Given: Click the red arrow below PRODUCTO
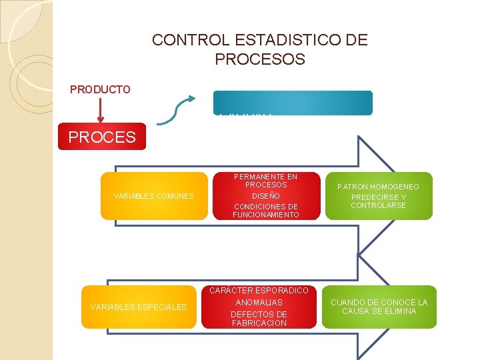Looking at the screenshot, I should pos(100,109).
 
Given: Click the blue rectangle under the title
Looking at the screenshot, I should pos(293,102).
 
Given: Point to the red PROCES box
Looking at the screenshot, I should pos(101,138).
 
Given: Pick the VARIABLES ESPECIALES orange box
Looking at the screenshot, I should pos(138,307).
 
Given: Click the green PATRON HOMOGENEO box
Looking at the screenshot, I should pos(378,197).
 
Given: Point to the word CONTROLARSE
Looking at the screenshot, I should pos(378,205).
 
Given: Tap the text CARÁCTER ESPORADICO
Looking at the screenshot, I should pos(259,291).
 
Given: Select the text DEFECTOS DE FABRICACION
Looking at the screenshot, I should pos(259,319).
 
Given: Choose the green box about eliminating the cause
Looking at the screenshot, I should pos(378,307).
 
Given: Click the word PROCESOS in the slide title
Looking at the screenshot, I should pos(260,59).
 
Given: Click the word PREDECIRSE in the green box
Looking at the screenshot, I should pos(378,197).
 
